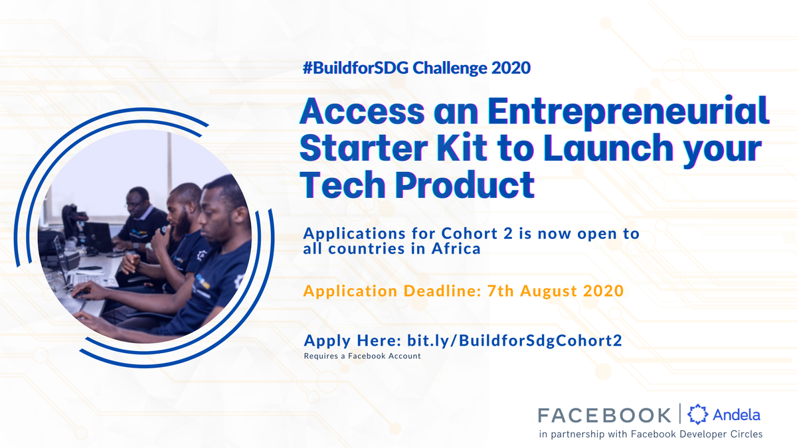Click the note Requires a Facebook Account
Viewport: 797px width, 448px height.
click(362, 356)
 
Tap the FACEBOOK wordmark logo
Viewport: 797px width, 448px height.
click(604, 415)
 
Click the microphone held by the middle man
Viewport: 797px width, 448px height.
click(164, 230)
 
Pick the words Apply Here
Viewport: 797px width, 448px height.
click(348, 341)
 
